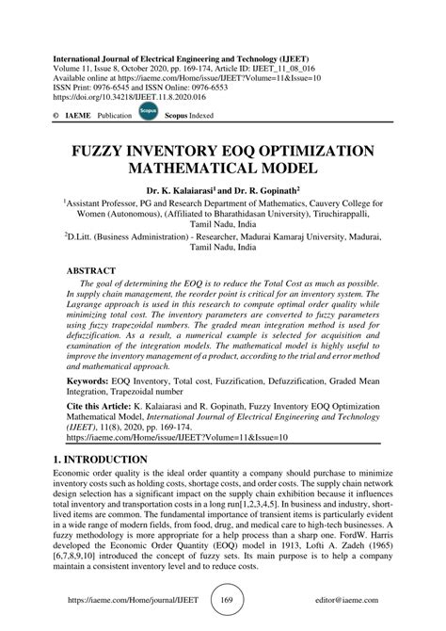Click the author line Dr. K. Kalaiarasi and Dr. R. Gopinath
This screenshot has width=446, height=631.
click(x=222, y=188)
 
